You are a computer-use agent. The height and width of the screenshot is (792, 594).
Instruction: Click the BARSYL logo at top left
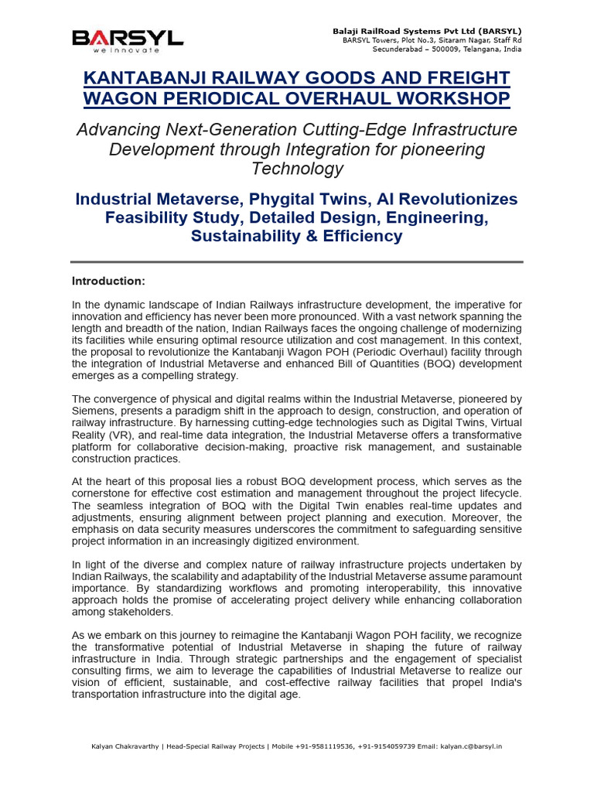128,37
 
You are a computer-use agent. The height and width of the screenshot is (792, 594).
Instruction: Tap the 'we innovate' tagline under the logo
127,50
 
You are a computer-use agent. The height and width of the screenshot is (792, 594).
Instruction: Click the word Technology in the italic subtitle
297,169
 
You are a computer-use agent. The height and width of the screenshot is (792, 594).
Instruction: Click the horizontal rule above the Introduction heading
297,262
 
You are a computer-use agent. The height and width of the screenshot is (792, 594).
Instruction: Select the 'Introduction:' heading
108,280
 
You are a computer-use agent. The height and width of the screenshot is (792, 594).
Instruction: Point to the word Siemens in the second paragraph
93,411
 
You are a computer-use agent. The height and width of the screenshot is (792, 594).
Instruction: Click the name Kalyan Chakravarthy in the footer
124,746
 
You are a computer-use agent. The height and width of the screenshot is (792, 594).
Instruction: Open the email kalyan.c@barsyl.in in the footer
471,746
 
